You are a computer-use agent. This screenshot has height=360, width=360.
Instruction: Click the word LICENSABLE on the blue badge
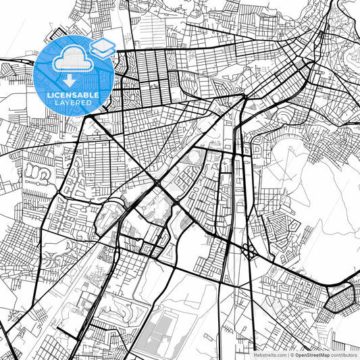(74, 95)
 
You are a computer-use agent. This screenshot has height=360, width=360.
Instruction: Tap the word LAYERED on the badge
(74, 103)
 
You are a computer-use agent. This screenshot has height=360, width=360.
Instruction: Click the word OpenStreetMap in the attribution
(311, 355)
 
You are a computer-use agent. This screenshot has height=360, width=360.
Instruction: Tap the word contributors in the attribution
(344, 355)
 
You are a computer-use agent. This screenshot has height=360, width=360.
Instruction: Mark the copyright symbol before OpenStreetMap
(291, 355)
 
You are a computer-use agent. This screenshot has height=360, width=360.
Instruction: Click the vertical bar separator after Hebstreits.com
(286, 355)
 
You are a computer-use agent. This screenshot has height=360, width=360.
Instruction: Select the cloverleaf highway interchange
(249, 252)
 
